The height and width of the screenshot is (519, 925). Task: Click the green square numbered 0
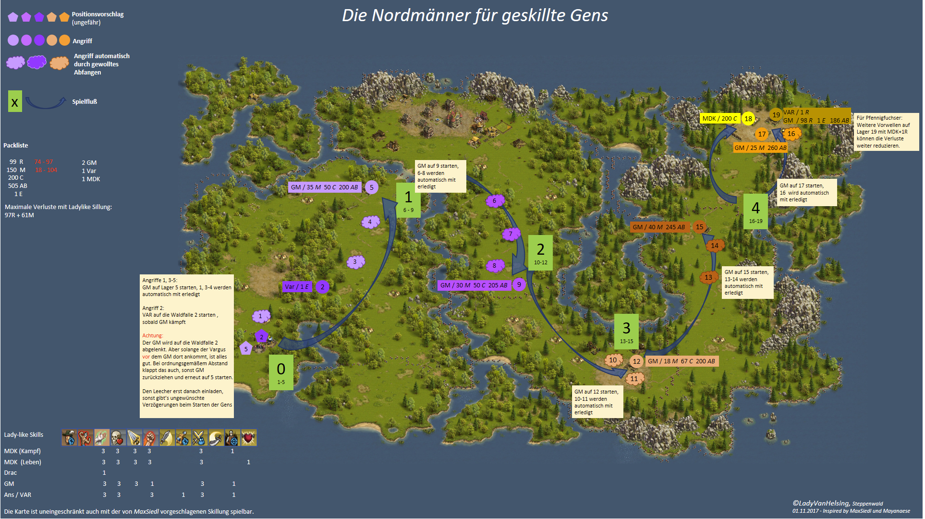[x=281, y=372]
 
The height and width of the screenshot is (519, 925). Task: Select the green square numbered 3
[x=626, y=331]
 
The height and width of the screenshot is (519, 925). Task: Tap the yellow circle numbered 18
[x=748, y=119]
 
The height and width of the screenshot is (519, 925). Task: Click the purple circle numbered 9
[x=519, y=284]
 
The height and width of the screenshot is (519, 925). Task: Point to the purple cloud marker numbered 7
[x=511, y=234]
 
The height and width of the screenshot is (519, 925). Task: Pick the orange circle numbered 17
[x=762, y=134]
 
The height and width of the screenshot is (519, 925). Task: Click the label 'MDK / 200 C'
[x=719, y=119]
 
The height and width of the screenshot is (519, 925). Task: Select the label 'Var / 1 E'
[x=297, y=287]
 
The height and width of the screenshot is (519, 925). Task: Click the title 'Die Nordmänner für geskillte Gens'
[x=475, y=15]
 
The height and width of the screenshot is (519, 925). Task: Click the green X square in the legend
[x=15, y=101]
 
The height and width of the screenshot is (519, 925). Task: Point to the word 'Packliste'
[x=16, y=146]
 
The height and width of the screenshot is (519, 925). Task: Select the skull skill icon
[x=118, y=438]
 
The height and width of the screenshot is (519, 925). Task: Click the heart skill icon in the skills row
[x=249, y=438]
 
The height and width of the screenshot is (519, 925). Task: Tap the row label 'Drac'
[x=11, y=473]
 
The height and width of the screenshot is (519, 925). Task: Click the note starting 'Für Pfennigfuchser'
[x=886, y=132]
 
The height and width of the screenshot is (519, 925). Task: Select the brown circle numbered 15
[x=699, y=227]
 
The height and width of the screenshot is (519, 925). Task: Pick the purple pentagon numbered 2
[x=261, y=336]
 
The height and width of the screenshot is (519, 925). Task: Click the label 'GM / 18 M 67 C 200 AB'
[x=682, y=361]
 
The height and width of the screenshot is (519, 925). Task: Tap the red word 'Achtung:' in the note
[x=153, y=336]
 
